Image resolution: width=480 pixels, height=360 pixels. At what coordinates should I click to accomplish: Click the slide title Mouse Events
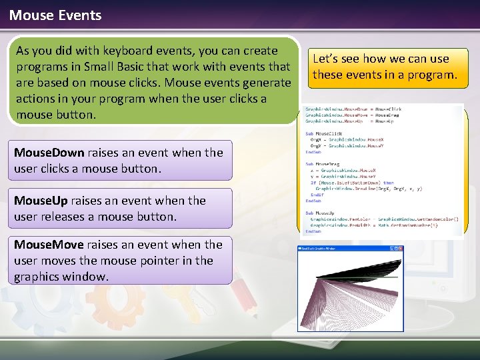pyautogui.click(x=55, y=15)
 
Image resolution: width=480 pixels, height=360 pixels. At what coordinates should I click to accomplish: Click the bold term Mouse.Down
pyautogui.click(x=49, y=153)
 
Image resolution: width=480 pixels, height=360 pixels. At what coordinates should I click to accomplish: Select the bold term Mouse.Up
pyautogui.click(x=41, y=201)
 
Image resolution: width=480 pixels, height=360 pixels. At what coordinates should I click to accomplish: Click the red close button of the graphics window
pyautogui.click(x=400, y=249)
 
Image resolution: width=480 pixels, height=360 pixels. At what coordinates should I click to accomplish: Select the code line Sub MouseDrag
pyautogui.click(x=323, y=163)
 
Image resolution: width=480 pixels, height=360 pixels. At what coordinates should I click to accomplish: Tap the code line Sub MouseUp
pyautogui.click(x=321, y=213)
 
